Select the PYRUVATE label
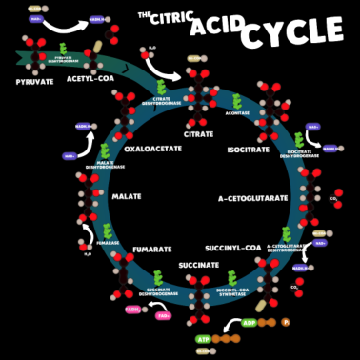(x=34, y=82)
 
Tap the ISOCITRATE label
(x=249, y=150)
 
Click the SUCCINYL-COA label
(x=232, y=248)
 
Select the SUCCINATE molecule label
(x=198, y=265)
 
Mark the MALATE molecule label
(x=126, y=196)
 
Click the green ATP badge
(x=204, y=338)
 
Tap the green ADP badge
(x=250, y=322)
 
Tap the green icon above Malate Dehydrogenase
(x=106, y=151)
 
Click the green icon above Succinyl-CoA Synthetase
(x=232, y=275)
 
